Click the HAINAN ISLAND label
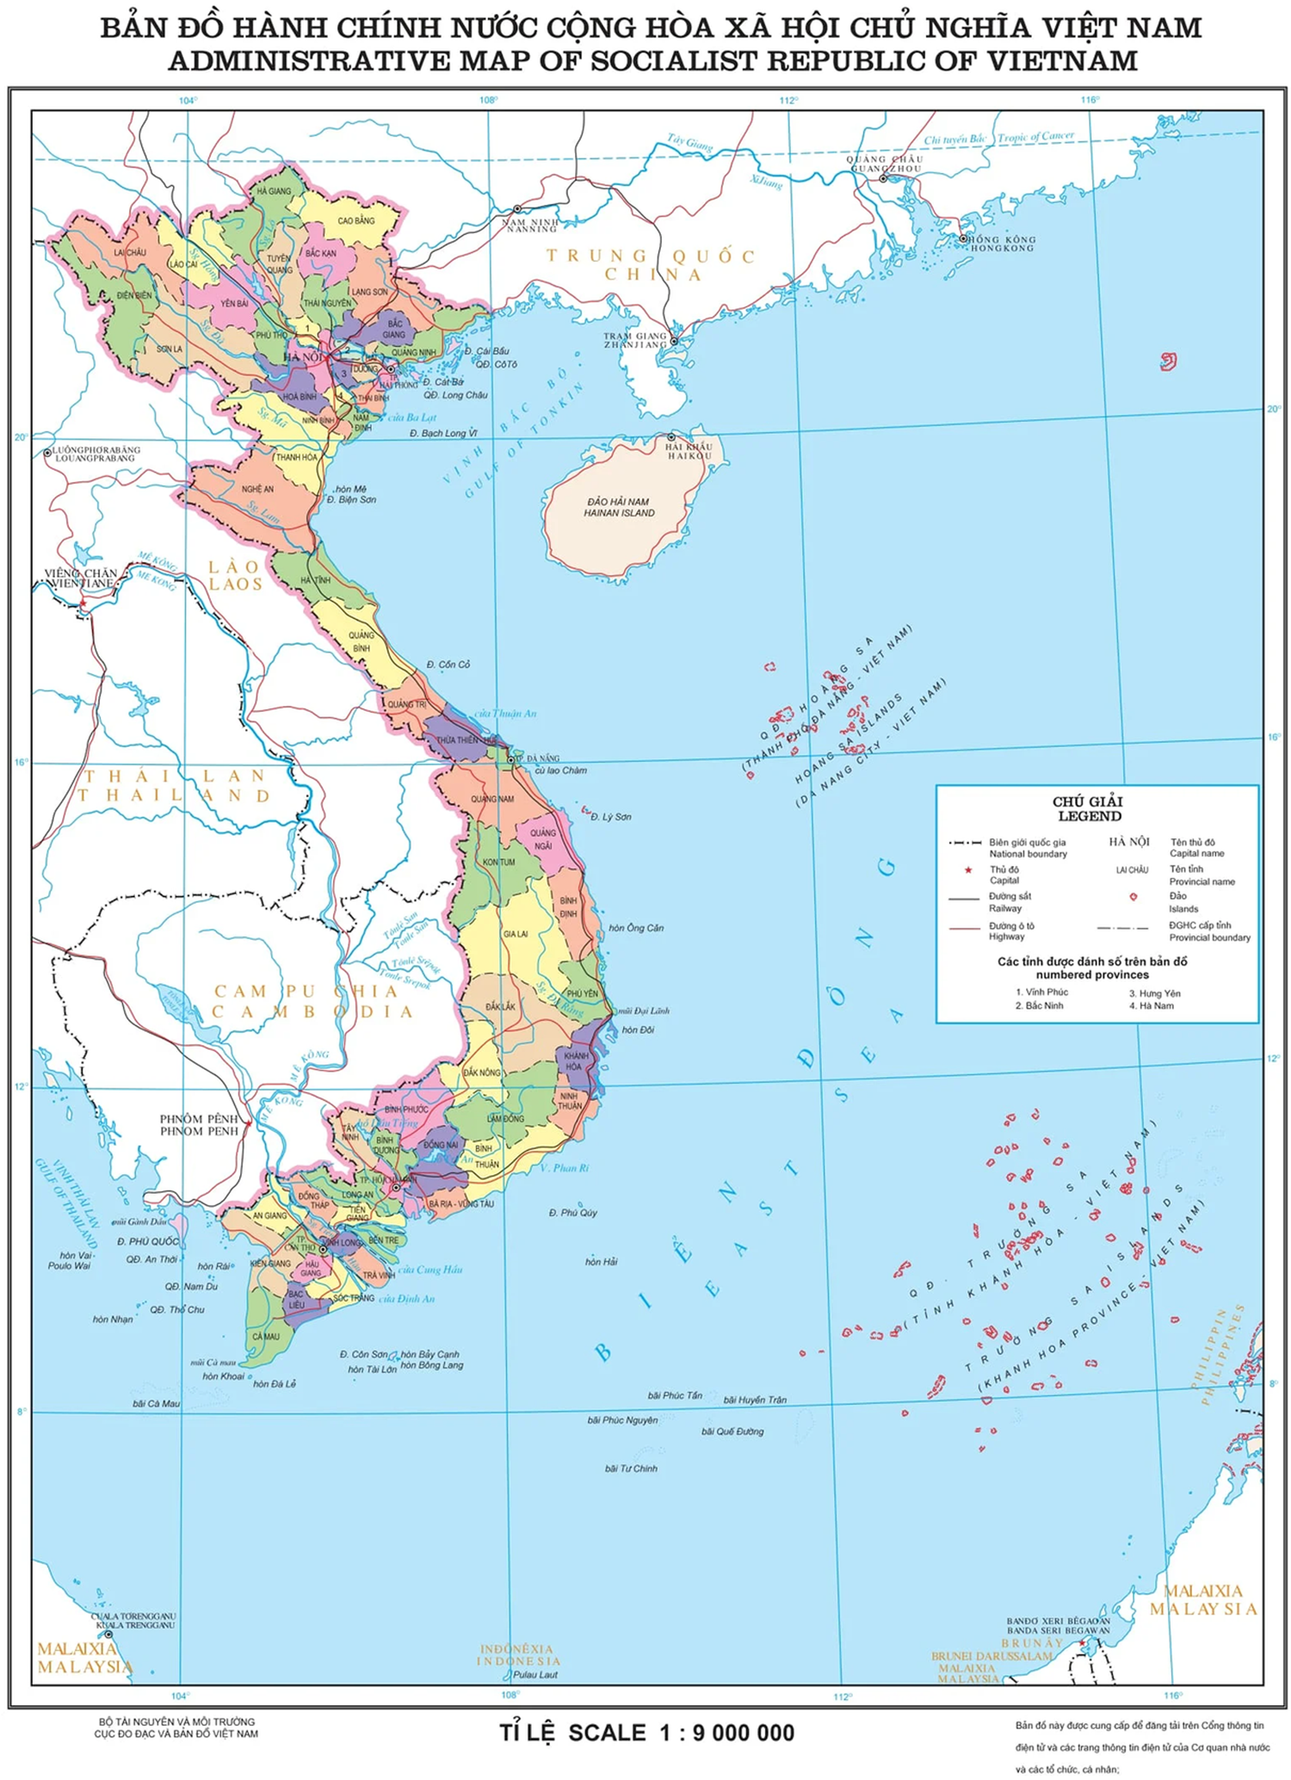click(619, 508)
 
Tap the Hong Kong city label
click(1001, 244)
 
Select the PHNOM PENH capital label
click(199, 1125)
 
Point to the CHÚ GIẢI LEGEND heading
click(1089, 809)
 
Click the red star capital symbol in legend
click(968, 870)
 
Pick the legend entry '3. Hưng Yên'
click(1154, 993)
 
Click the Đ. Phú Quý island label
click(572, 1213)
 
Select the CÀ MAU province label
click(266, 1337)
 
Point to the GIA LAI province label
click(516, 934)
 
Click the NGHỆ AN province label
click(257, 489)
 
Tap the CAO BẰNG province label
click(355, 221)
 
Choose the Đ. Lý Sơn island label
click(610, 817)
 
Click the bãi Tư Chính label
click(631, 1468)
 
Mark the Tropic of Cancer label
click(1035, 137)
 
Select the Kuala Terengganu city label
click(135, 1621)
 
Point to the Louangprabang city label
click(96, 454)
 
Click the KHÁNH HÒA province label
click(576, 1060)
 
